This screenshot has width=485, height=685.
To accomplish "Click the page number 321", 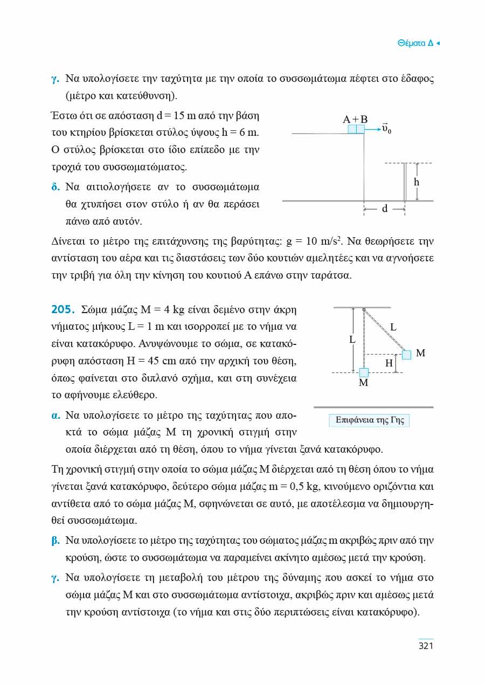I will coord(426,646).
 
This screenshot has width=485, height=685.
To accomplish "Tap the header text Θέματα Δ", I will coord(415,43).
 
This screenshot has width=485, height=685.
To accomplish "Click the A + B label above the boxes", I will coord(355,119).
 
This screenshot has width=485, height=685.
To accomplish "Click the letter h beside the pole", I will coord(417,182).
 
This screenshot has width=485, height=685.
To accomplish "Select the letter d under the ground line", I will coord(385,209).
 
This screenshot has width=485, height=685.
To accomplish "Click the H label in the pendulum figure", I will coord(389,363).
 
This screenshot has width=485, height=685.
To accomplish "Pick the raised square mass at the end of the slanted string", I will coord(406,354).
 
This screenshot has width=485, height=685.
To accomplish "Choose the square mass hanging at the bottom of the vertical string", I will coord(364,372).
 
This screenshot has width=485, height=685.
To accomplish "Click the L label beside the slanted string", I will coord(393,327).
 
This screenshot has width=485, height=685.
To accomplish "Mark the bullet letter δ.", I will coord(55,188).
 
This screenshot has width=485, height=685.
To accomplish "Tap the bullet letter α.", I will coord(55,416).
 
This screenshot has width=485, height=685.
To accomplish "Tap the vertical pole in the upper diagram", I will coord(405,182).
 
